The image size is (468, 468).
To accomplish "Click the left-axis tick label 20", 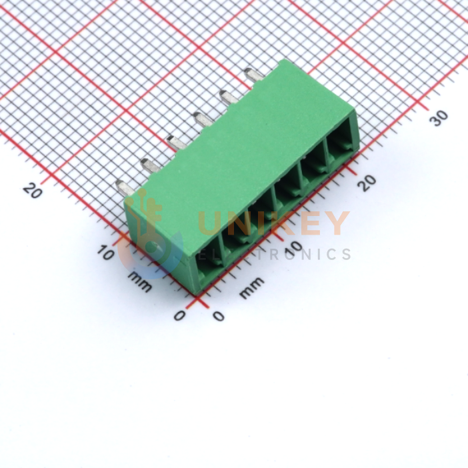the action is (32, 191).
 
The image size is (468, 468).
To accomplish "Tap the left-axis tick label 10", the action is (105, 253).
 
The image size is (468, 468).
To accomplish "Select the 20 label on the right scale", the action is (367, 183).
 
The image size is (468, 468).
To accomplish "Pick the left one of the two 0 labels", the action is (179, 315).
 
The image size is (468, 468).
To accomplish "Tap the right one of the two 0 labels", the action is (219, 316).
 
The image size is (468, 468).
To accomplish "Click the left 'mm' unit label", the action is (140, 282).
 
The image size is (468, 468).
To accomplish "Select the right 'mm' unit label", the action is (252, 288).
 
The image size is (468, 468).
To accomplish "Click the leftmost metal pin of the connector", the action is (125, 188).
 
